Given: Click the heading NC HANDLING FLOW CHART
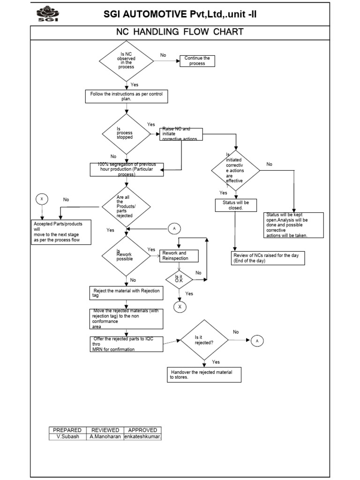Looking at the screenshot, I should tap(180, 32).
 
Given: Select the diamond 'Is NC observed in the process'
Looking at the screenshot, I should tap(126, 61).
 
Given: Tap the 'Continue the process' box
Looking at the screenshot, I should tap(197, 61).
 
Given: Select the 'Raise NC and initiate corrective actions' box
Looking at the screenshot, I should tap(182, 134).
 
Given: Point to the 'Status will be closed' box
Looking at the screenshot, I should tap(235, 205).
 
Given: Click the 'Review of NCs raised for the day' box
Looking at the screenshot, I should tap(269, 258).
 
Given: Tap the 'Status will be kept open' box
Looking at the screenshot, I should tap(293, 225).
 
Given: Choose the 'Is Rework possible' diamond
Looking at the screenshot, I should tap(126, 255).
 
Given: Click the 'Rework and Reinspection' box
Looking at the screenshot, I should tap(179, 255).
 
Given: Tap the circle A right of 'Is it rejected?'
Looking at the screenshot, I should tap(257, 341).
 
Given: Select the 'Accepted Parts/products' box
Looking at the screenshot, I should tap(60, 232).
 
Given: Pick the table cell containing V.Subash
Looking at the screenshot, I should tap(67, 436).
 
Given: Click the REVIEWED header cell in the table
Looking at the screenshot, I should tap(105, 430).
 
